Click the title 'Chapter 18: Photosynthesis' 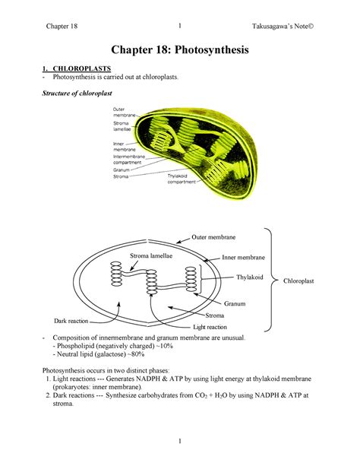coord(180,49)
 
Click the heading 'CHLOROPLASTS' coord(82,68)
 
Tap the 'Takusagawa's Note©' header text coord(283,26)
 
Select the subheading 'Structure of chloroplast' coord(77,94)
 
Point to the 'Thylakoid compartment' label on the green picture coord(182,179)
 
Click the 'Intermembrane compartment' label coord(129,160)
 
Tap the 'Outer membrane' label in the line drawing coord(213,237)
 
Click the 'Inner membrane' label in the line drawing coord(243,258)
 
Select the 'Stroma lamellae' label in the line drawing coord(151,256)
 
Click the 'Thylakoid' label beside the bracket coord(250,277)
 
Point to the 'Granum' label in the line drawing coord(235,303)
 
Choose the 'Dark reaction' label coord(71,321)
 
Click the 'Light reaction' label coord(210,327)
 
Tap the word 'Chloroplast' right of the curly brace coord(298,281)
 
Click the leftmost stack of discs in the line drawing coord(116,274)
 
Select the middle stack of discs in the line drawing coord(152,282)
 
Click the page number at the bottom coord(180,442)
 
